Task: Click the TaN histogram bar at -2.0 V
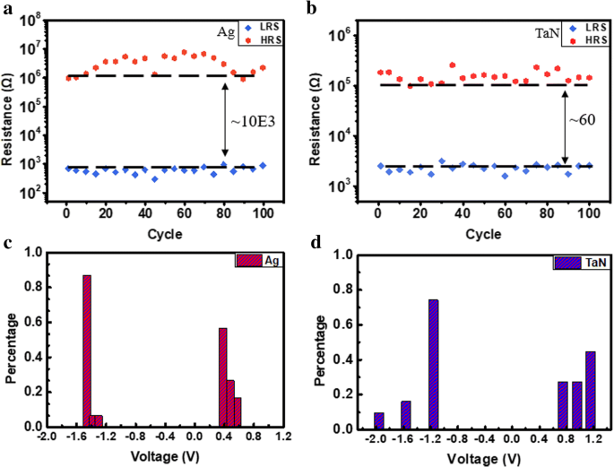point(378,421)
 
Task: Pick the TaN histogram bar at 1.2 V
point(591,390)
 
